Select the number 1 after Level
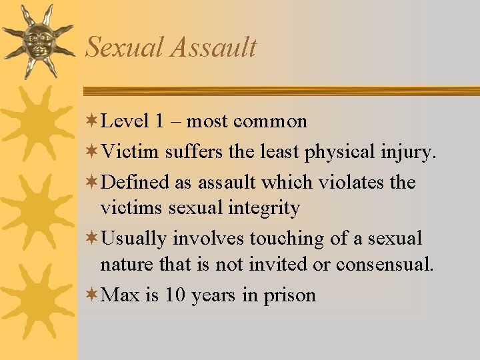click(159, 121)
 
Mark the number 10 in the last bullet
click(175, 295)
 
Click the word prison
click(289, 295)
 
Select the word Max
click(120, 295)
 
